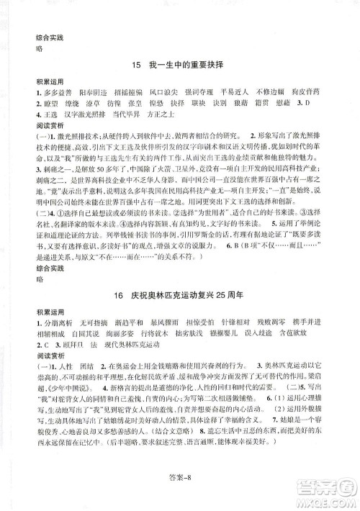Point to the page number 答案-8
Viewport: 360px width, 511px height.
(179, 493)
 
